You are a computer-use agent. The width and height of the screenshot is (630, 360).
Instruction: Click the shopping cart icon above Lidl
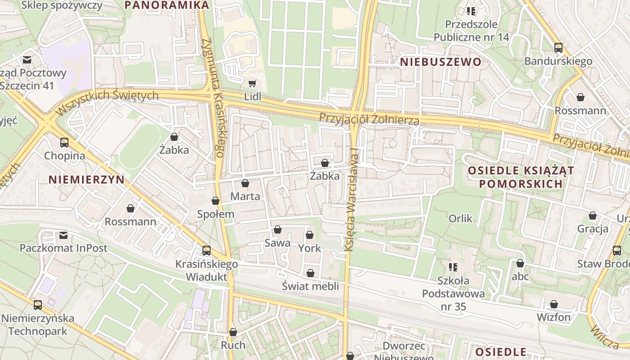pos(252,83)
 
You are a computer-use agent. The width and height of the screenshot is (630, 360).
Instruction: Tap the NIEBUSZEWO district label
pos(441,62)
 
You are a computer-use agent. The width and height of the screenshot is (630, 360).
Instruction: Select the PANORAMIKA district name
pos(167,5)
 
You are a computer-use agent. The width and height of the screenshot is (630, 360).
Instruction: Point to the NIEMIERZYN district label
pos(86,180)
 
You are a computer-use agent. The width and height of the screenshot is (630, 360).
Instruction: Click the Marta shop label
pos(245,196)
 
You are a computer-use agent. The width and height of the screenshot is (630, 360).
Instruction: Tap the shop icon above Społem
pos(216,201)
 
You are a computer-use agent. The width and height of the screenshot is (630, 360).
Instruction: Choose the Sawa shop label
pos(278,243)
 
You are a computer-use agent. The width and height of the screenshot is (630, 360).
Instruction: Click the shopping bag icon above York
pos(310,235)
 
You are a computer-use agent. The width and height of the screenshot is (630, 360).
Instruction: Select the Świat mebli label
pos(310,286)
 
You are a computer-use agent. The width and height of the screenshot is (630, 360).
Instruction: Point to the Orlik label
pos(461,219)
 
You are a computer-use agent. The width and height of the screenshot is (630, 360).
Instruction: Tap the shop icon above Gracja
pos(593,216)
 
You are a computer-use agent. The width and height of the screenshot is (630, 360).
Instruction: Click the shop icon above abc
pos(520,263)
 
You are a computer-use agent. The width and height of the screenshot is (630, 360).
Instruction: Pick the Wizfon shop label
pos(553,317)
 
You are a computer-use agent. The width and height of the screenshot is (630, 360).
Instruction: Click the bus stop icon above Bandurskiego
pos(558,47)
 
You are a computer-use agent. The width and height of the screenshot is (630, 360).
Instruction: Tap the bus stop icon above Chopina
pos(64,143)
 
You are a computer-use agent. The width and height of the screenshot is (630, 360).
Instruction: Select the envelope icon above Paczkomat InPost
pos(63,235)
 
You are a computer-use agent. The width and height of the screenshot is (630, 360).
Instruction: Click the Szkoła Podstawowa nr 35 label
pos(454,294)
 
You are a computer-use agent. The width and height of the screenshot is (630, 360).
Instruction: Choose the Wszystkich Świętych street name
pos(107,101)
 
